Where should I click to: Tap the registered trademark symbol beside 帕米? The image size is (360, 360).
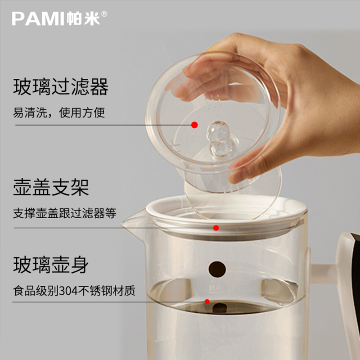(104, 14)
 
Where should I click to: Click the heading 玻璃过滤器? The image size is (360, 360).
(61, 87)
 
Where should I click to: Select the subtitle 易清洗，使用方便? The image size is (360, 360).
(59, 112)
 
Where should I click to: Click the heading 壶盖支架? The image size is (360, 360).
(51, 187)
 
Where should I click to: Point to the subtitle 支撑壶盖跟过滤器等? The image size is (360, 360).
(64, 213)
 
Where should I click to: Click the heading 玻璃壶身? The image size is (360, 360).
(51, 265)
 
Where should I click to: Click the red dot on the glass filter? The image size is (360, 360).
(194, 125)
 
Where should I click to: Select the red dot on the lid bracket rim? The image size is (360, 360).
(216, 228)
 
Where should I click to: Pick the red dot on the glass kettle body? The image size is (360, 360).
(207, 301)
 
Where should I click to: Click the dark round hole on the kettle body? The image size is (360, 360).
(217, 269)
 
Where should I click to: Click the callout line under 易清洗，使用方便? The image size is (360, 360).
(103, 125)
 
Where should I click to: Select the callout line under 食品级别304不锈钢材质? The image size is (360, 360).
(108, 301)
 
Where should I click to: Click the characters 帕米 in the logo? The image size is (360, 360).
(83, 18)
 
